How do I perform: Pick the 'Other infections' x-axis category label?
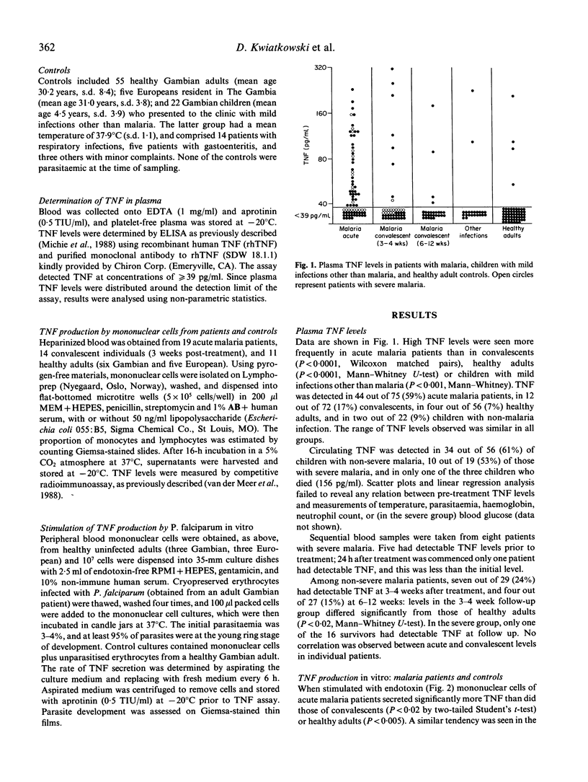pos(472,232)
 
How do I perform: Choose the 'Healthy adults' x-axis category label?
pos(512,232)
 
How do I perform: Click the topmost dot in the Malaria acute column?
pos(352,89)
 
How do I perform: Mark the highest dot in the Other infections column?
pos(472,91)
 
